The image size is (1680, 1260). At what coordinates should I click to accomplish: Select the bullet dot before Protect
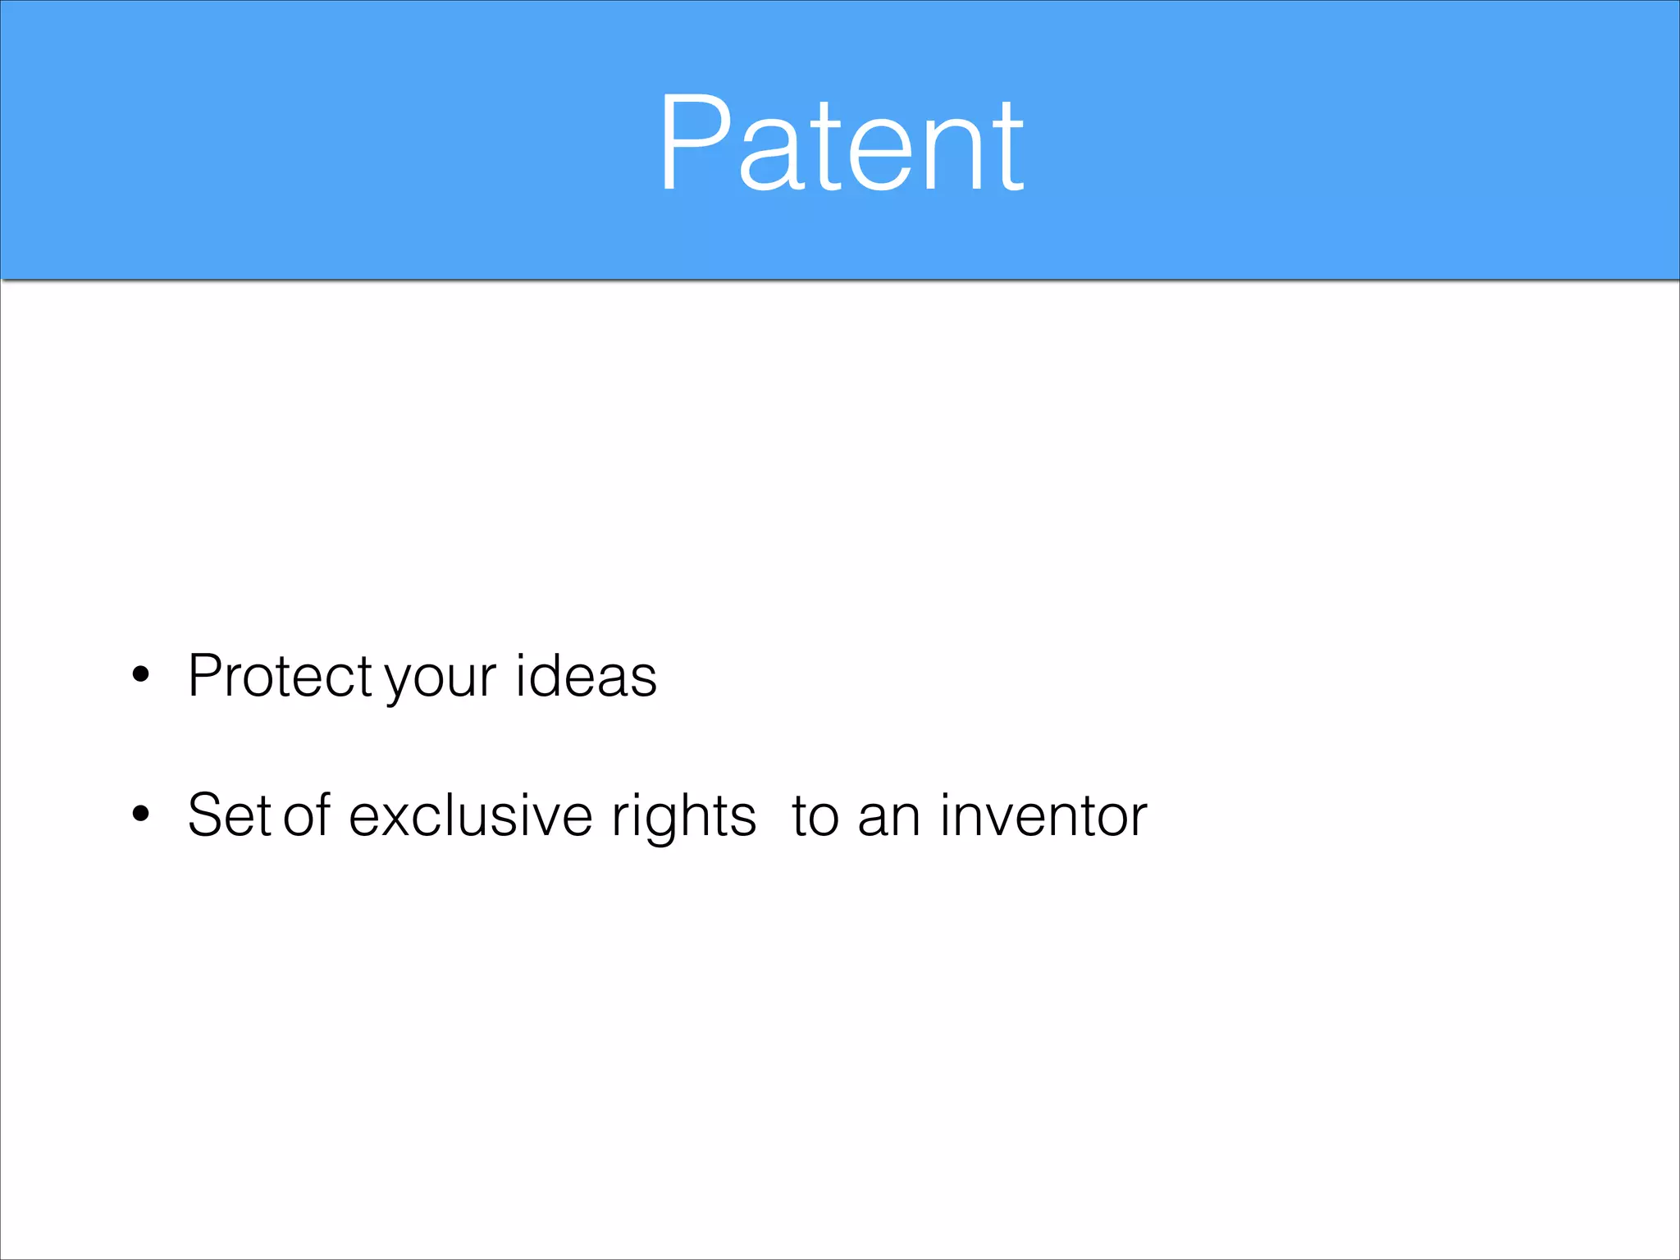click(141, 674)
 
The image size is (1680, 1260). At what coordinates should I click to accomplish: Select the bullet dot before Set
click(141, 814)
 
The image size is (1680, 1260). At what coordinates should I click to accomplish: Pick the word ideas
click(586, 677)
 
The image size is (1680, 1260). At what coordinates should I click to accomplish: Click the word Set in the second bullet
click(229, 815)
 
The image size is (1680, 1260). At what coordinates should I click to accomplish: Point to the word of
click(306, 815)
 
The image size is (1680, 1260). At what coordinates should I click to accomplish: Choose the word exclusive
click(470, 815)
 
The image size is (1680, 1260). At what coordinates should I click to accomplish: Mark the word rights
click(683, 819)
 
